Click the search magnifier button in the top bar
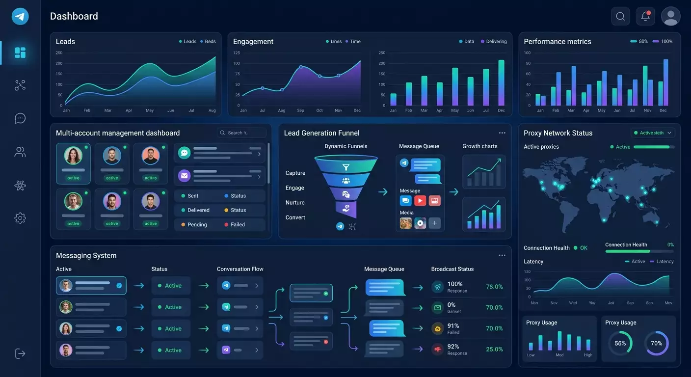(x=620, y=16)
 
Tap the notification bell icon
(x=645, y=16)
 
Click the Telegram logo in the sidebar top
(x=20, y=16)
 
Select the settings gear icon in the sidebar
(x=20, y=218)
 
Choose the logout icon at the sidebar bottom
(x=20, y=353)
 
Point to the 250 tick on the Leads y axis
(x=59, y=53)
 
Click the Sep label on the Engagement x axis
(x=300, y=110)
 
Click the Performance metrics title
(x=557, y=42)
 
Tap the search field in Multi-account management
(x=241, y=133)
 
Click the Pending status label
(x=197, y=224)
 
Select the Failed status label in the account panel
(x=238, y=224)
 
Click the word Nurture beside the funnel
(x=295, y=203)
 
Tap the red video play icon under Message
(x=420, y=200)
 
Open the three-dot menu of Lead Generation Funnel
(x=502, y=133)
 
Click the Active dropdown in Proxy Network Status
(x=653, y=133)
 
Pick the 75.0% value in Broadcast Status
(x=494, y=287)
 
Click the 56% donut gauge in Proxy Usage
(x=620, y=344)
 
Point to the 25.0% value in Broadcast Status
(x=494, y=350)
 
